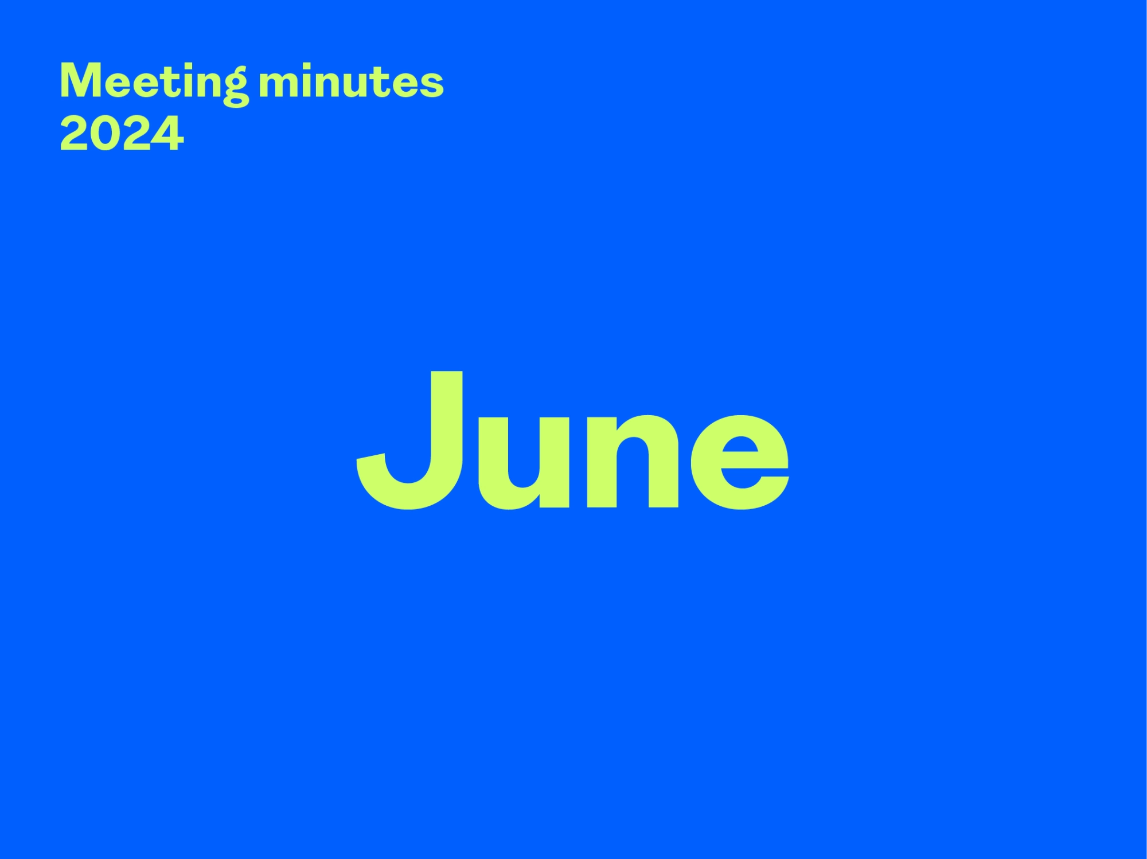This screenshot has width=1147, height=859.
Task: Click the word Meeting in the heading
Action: [154, 82]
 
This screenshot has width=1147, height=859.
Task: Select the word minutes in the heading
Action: [351, 81]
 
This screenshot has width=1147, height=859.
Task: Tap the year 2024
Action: [122, 134]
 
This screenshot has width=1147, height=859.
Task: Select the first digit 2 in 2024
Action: [75, 134]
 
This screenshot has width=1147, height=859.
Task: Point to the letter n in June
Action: [633, 462]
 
